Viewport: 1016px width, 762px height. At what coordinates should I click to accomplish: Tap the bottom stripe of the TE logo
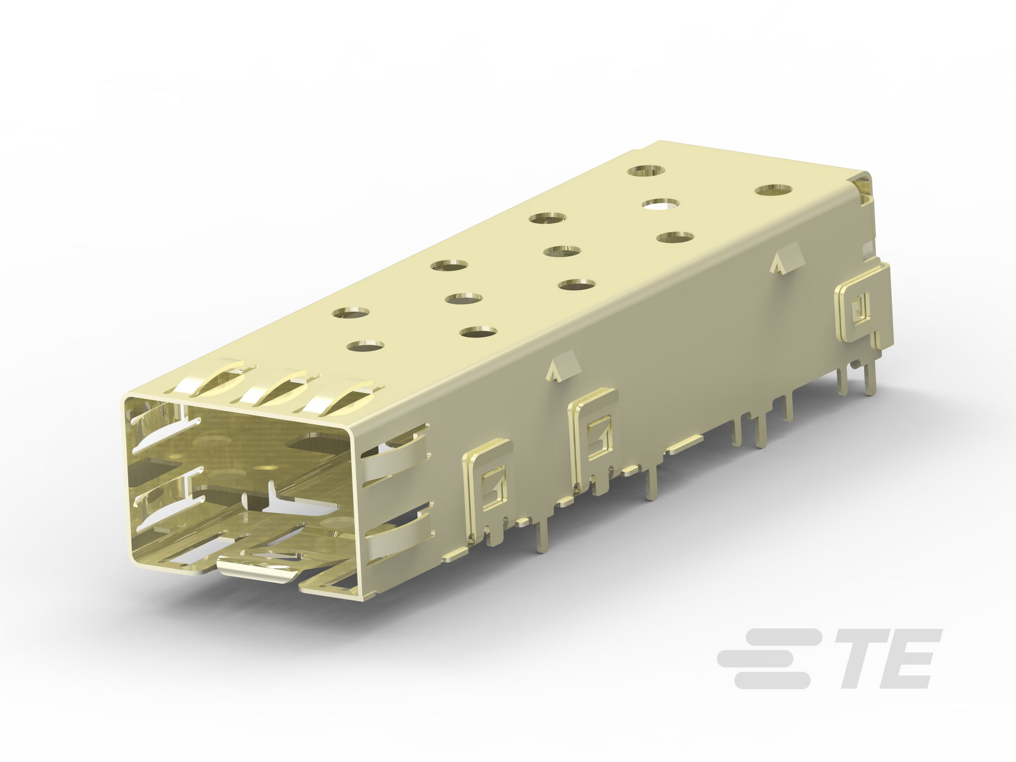[773, 681]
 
